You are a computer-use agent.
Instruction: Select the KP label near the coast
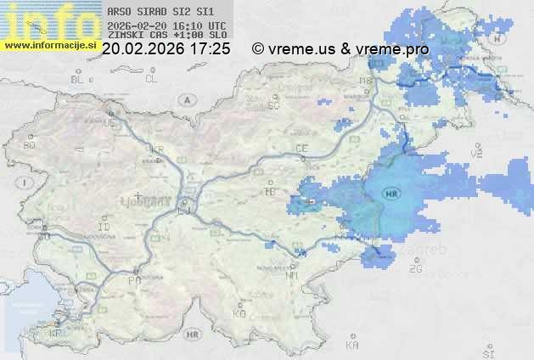click(x=56, y=334)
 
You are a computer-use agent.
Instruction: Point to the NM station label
click(x=293, y=276)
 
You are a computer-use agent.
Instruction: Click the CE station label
click(x=301, y=149)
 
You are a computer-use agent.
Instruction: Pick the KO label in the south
click(x=239, y=313)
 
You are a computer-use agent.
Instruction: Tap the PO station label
click(x=133, y=280)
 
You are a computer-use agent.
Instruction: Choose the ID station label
click(x=104, y=228)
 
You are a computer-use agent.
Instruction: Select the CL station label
click(x=152, y=79)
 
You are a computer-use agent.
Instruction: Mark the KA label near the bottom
click(x=352, y=346)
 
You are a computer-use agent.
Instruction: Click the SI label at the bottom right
click(x=487, y=352)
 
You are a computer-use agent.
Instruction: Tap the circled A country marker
click(x=185, y=99)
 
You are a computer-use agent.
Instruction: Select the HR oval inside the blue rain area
click(x=391, y=194)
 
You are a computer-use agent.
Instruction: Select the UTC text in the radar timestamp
click(x=216, y=25)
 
